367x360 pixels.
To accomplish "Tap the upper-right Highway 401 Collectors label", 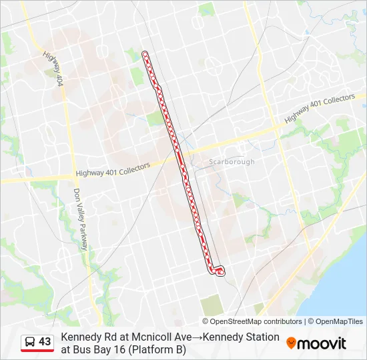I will tap(320, 109).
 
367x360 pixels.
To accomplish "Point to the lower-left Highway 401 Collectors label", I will tap(113, 171).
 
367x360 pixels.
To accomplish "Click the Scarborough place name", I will tap(232, 162).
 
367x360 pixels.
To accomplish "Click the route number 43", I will tap(45, 342).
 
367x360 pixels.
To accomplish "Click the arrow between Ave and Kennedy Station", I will tap(198, 337).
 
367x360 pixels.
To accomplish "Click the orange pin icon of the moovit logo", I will tap(291, 343).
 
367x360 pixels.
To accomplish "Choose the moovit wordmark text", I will tap(322, 343).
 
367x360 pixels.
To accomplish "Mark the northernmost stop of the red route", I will tap(145, 55).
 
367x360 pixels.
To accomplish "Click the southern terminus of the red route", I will tap(220, 271).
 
